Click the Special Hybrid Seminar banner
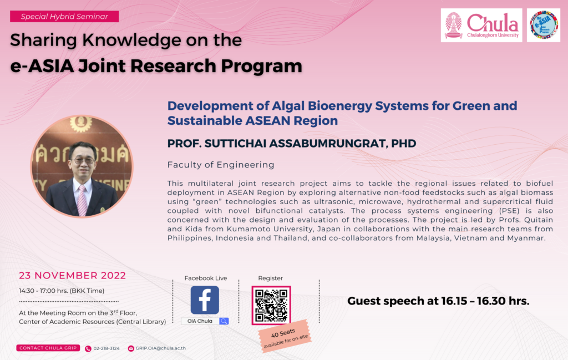[x=64, y=16]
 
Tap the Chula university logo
[x=481, y=26]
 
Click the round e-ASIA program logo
[x=544, y=26]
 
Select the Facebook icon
[x=205, y=300]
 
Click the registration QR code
[x=271, y=305]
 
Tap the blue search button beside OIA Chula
[x=224, y=321]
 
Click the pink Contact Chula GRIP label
[x=48, y=348]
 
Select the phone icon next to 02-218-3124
[x=88, y=348]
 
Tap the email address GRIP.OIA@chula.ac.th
[x=160, y=348]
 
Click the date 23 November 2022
[x=73, y=276]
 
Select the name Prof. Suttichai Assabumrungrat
[x=292, y=144]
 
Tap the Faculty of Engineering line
[x=221, y=165]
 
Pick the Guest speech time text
[x=438, y=301]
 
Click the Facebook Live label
[x=206, y=278]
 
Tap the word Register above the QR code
[x=270, y=278]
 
